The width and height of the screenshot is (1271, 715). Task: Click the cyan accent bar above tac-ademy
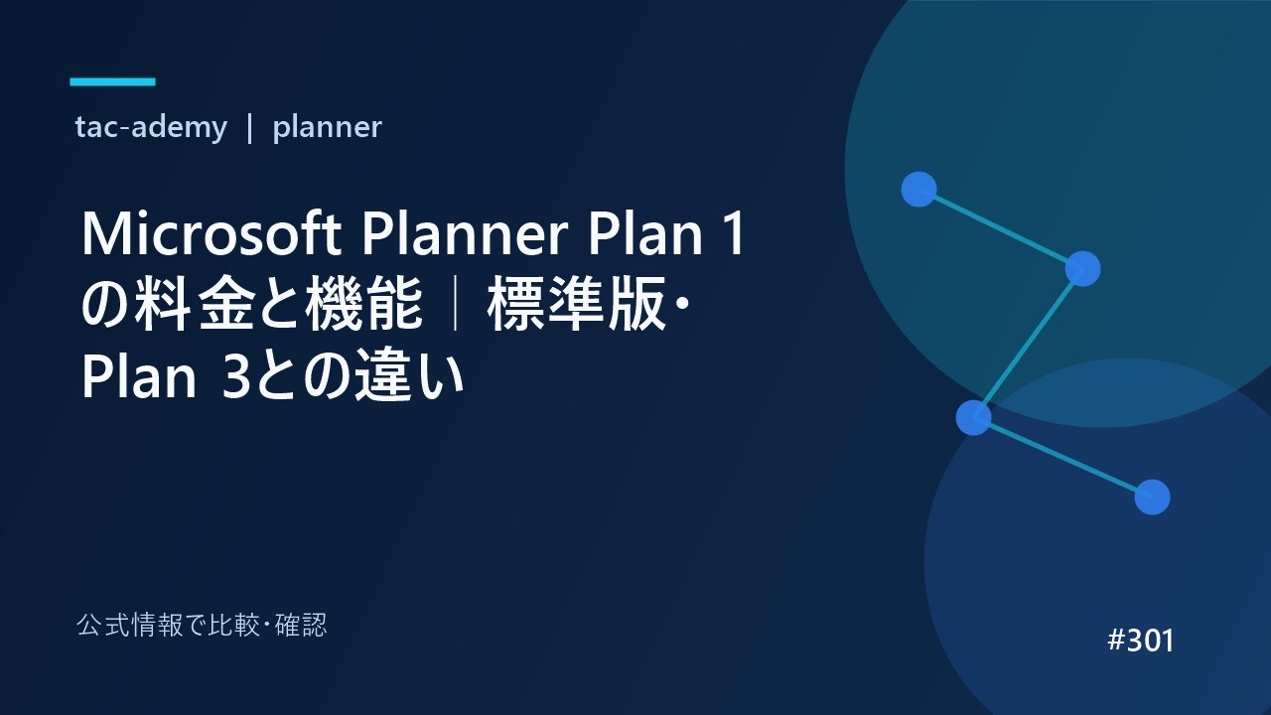(x=112, y=81)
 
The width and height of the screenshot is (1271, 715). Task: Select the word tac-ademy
(x=151, y=127)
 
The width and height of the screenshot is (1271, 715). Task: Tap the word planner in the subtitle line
(x=327, y=127)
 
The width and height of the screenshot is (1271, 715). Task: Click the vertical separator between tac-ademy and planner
(x=249, y=128)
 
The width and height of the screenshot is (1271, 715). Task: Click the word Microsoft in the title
(x=212, y=233)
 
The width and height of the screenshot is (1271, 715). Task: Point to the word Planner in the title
(x=466, y=233)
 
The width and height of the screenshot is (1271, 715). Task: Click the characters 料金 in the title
(x=194, y=304)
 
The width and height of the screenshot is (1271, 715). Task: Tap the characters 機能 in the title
(x=363, y=304)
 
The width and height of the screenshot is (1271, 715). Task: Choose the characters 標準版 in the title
(x=577, y=304)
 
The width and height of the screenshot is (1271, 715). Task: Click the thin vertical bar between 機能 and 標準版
(x=455, y=304)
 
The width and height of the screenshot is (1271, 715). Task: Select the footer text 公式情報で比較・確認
(x=202, y=626)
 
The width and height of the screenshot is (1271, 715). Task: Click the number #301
(x=1141, y=641)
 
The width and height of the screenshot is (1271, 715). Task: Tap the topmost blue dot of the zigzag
(x=918, y=189)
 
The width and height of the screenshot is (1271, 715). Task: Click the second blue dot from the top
(x=1082, y=268)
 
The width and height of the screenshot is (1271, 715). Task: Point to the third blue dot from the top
(x=974, y=418)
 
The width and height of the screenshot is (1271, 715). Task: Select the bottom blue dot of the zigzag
(x=1153, y=498)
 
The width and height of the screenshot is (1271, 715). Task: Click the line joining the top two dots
(x=1001, y=228)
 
